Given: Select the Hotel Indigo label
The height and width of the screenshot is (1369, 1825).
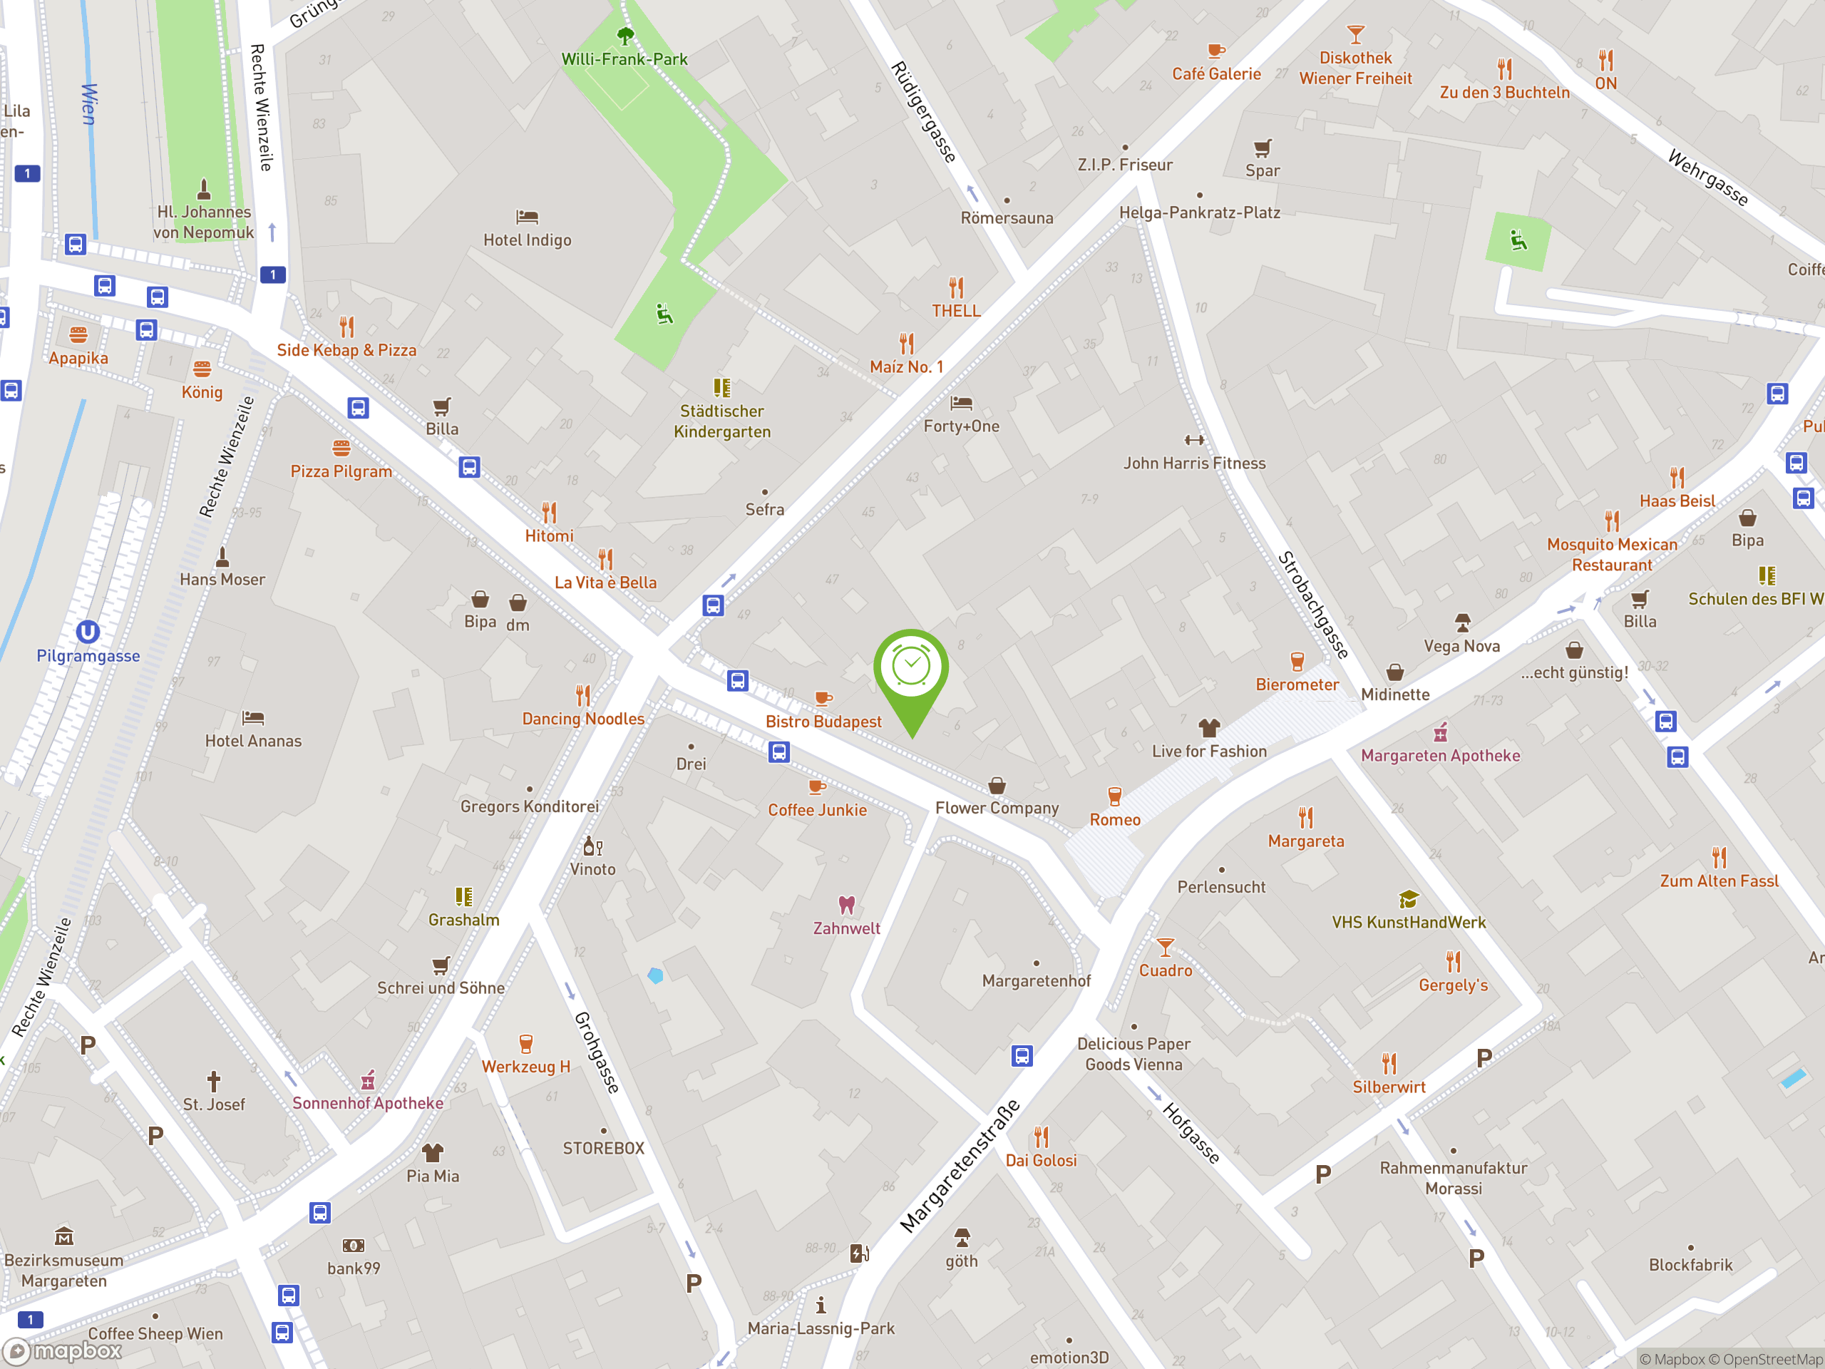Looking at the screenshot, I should [528, 240].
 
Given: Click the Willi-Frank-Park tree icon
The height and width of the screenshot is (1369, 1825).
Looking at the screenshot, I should [625, 36].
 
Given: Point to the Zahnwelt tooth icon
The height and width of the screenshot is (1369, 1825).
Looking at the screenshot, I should [846, 904].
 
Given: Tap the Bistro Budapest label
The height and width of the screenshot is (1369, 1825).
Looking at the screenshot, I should [823, 722].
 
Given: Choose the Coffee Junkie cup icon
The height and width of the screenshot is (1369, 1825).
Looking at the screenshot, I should [817, 786].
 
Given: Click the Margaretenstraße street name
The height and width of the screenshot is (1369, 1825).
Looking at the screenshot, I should [960, 1167].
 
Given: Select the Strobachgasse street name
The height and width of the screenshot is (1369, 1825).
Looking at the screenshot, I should [1313, 605].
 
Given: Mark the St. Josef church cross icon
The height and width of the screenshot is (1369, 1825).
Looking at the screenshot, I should [214, 1081].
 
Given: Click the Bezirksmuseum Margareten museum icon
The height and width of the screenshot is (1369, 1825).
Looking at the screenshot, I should [63, 1237].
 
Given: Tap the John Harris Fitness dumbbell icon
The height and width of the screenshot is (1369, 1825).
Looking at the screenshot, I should [1194, 440].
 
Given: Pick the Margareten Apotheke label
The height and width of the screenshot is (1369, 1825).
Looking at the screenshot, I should [1440, 755].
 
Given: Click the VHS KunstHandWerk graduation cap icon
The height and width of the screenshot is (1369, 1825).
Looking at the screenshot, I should [1409, 898].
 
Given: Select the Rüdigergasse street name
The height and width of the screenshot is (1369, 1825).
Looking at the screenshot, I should [924, 112].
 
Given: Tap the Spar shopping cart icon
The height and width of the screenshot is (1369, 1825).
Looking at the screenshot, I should [1263, 148].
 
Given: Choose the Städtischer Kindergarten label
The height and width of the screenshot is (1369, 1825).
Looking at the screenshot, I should [722, 421].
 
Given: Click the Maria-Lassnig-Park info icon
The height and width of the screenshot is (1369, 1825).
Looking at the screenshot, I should [821, 1306].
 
